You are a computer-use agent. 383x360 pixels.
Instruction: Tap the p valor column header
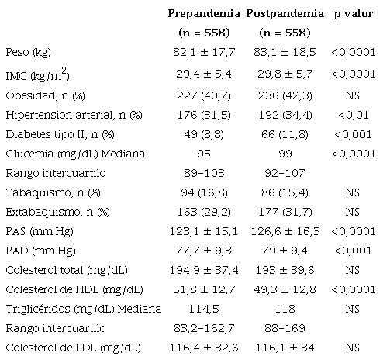(x=354, y=13)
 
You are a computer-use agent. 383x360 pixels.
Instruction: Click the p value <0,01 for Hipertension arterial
(x=354, y=114)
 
